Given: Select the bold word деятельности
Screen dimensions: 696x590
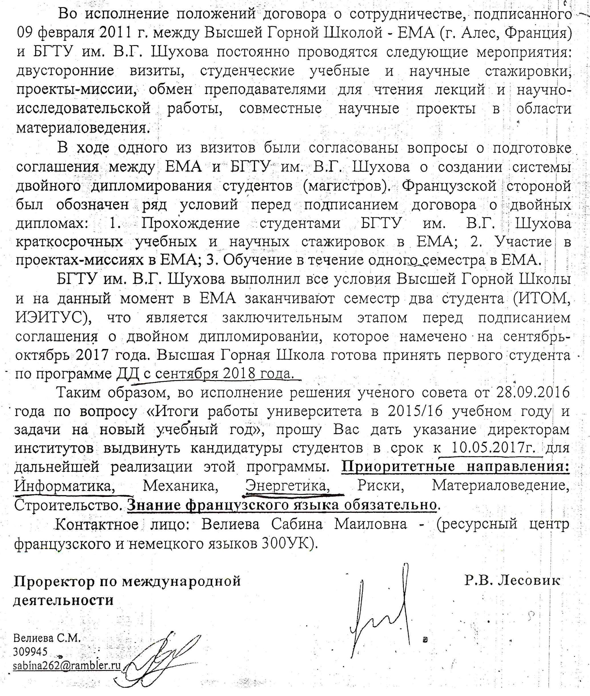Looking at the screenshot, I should pos(64,600).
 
